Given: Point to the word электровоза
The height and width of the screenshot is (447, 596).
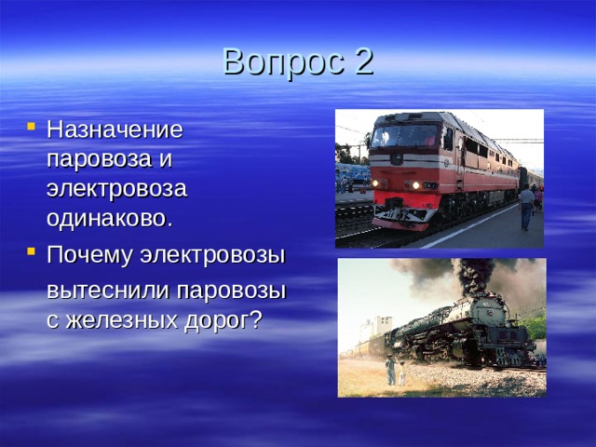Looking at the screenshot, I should coord(116,188).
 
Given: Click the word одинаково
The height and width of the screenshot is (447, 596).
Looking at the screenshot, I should coord(108,218).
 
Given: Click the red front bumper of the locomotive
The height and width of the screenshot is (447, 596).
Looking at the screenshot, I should coord(400,223).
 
